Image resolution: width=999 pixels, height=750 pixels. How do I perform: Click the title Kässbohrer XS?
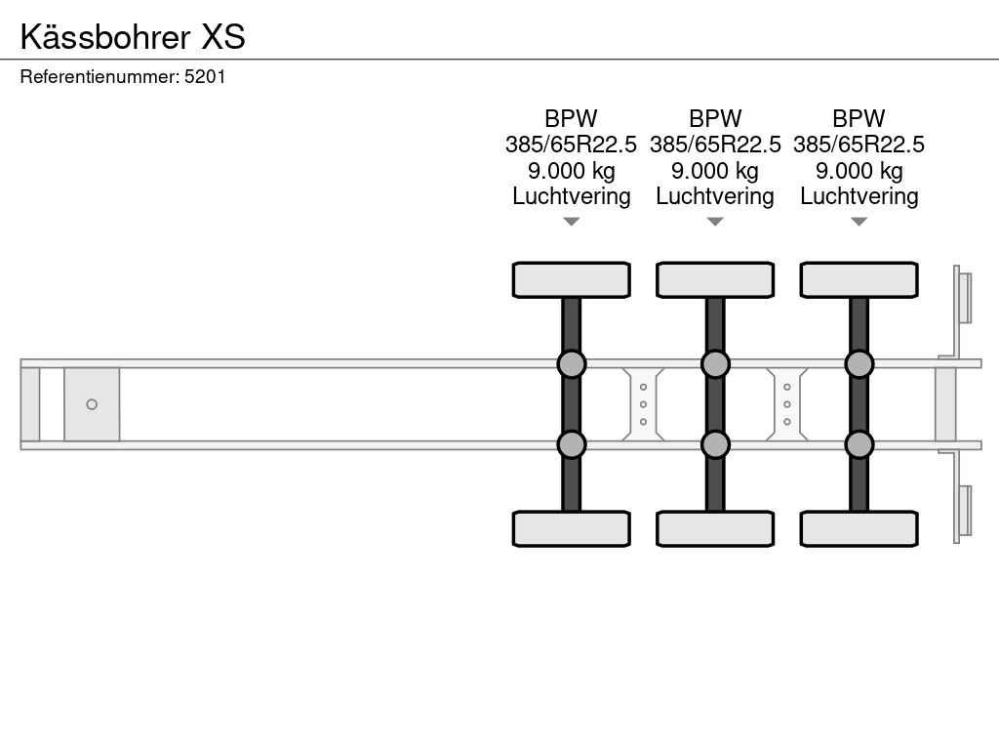click(x=133, y=37)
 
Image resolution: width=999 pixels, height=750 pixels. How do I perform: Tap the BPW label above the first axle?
click(x=571, y=119)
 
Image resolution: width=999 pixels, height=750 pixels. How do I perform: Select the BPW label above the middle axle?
click(x=715, y=119)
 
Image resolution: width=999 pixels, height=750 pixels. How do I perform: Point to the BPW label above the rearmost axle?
click(x=859, y=119)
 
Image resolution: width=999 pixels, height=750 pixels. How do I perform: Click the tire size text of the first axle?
click(x=571, y=145)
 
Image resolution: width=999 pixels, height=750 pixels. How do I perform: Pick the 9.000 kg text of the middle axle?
click(x=715, y=171)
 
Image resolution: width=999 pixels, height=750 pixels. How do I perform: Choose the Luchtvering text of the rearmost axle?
click(x=859, y=196)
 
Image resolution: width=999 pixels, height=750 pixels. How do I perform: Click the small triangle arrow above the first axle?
click(x=571, y=222)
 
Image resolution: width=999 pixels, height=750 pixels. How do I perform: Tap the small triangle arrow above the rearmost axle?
click(x=859, y=222)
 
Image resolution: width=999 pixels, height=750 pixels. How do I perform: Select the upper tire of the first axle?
click(x=571, y=279)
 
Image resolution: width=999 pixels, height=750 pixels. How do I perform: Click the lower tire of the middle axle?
click(x=715, y=528)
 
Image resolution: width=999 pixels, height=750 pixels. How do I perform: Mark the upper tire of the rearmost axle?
click(x=859, y=279)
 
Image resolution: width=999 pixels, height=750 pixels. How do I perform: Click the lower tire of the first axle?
click(x=571, y=528)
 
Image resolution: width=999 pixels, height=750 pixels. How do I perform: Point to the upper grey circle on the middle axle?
click(x=715, y=364)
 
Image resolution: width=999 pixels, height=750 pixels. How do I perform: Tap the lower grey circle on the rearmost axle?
click(x=859, y=444)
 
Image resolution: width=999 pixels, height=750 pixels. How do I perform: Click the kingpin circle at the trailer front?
click(x=92, y=404)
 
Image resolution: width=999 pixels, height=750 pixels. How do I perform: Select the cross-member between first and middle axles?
click(x=643, y=404)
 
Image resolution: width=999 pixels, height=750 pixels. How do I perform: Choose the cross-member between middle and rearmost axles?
click(x=787, y=404)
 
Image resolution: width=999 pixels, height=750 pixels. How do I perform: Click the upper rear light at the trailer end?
click(x=964, y=297)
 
